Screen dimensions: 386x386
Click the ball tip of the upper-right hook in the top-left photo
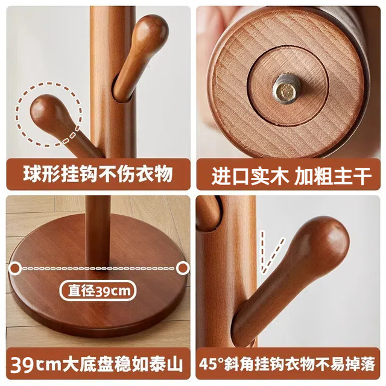(x=150, y=29)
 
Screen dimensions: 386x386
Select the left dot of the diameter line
(x=15, y=268)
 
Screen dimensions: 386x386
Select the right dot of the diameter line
(x=183, y=268)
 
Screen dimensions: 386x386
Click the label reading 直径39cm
(x=98, y=291)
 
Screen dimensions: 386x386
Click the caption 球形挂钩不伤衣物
(x=98, y=174)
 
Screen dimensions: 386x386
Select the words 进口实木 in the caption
(x=250, y=176)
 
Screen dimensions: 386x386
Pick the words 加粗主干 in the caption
(x=333, y=176)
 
